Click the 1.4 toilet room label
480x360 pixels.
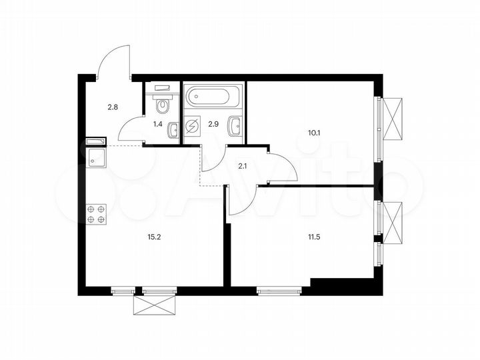click(x=158, y=123)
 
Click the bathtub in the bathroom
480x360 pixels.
click(x=213, y=99)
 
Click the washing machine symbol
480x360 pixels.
click(x=193, y=127)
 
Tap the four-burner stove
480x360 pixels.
click(x=95, y=214)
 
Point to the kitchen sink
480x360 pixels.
click(x=95, y=158)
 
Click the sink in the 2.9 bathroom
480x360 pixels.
click(x=235, y=127)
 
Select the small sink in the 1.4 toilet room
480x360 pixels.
click(x=173, y=131)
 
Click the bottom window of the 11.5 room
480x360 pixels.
click(x=281, y=289)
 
